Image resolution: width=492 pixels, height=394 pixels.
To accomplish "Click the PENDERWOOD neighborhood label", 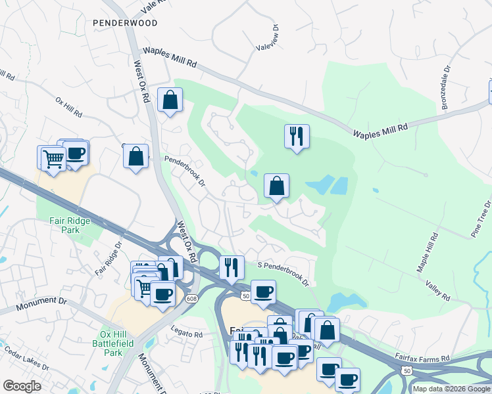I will (125, 22).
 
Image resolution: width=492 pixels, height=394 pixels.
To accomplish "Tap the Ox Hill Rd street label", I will (68, 108).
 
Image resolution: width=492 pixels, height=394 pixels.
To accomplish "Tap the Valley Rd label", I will (437, 290).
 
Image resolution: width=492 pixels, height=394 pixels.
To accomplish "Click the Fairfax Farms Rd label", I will (422, 359).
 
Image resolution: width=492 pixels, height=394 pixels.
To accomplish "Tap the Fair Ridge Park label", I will (70, 225).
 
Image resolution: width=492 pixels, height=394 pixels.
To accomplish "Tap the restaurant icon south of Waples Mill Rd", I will (297, 137).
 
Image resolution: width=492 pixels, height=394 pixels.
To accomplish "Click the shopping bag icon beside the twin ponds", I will (277, 186).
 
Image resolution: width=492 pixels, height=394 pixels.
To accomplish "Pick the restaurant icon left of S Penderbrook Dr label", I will (231, 267).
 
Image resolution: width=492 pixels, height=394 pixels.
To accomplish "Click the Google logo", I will (22, 386).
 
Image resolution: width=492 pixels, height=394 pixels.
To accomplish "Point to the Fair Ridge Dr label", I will (109, 259).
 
